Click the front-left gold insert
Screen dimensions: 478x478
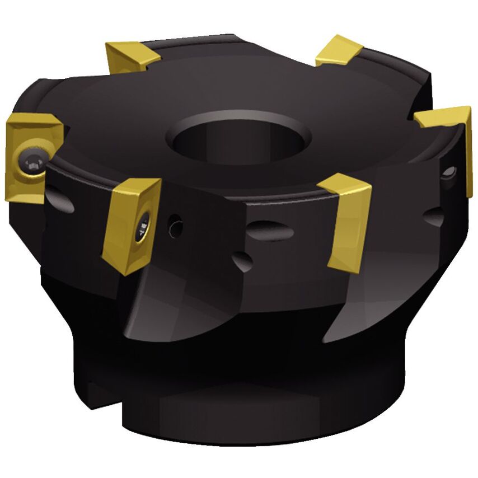[x=132, y=224]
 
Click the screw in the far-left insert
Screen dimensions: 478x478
[x=30, y=161]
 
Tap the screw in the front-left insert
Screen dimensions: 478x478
[x=144, y=227]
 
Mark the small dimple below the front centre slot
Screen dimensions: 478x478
[x=242, y=259]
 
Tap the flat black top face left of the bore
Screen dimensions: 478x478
[x=123, y=118]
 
